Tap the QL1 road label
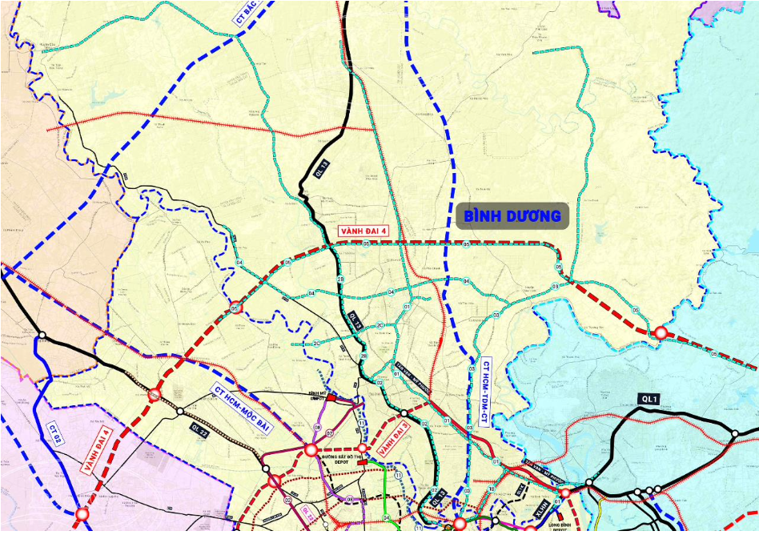pos(649,399)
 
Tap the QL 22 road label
pos(199,431)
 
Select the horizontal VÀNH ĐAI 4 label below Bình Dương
pos(363,231)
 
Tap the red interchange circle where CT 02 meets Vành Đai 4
pos(82,513)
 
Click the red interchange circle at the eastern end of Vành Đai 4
pos(661,332)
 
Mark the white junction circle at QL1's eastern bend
pos(734,433)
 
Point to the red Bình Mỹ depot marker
pos(331,396)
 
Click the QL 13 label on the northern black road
pos(321,169)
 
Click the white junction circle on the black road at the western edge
pos(42,335)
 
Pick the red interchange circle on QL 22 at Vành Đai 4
pos(154,393)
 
